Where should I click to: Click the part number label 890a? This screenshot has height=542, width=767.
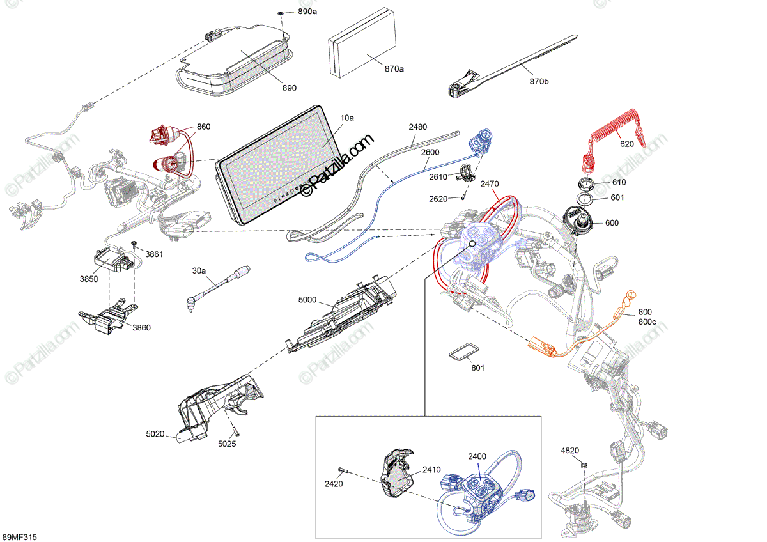[x=307, y=12]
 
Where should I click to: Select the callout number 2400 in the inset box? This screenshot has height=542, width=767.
[x=477, y=456]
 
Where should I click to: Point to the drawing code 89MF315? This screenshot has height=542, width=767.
[x=20, y=536]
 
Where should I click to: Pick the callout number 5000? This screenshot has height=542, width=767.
[x=308, y=299]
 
